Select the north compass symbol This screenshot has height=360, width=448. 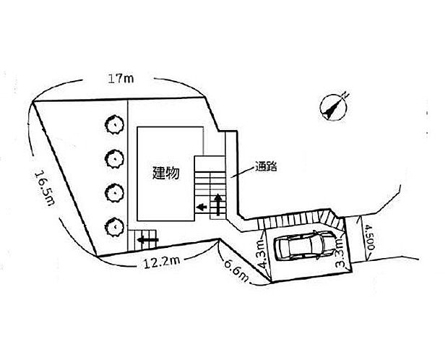(x=334, y=106)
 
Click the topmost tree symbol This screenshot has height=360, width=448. (x=113, y=124)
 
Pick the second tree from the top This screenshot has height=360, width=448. (x=113, y=157)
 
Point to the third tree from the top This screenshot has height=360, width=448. (x=113, y=192)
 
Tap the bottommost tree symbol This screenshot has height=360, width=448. (x=113, y=226)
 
